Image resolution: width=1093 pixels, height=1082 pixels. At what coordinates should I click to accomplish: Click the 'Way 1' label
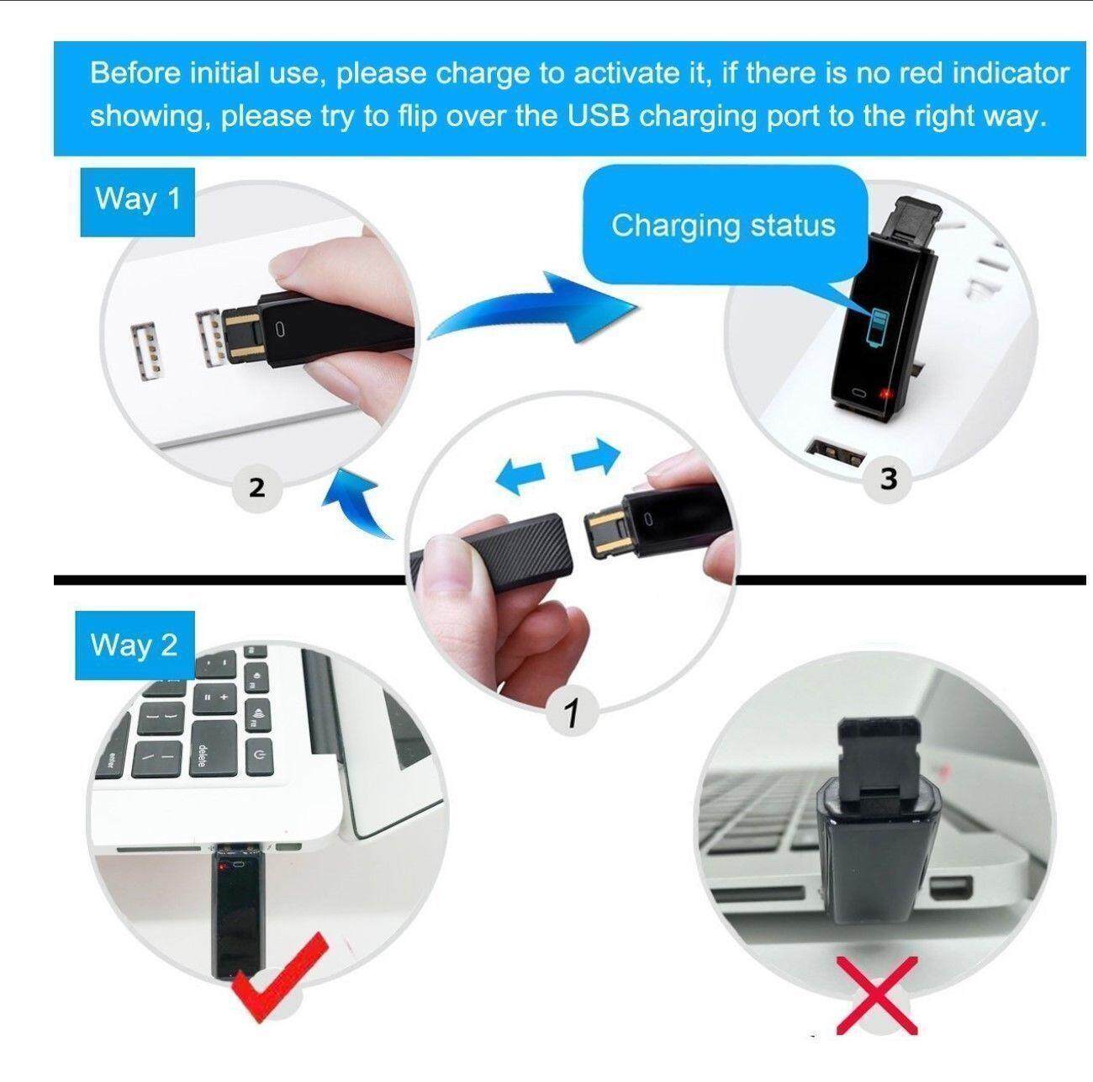pyautogui.click(x=138, y=201)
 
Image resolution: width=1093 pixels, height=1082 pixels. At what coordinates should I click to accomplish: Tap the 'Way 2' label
pyautogui.click(x=135, y=645)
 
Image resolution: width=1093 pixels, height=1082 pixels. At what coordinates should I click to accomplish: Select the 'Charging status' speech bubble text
pyautogui.click(x=723, y=225)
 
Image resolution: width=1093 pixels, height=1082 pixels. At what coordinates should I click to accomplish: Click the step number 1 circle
pyautogui.click(x=572, y=711)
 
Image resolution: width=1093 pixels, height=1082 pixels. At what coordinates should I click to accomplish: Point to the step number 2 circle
pyautogui.click(x=257, y=486)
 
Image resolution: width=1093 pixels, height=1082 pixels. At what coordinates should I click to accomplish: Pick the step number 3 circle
pyautogui.click(x=889, y=478)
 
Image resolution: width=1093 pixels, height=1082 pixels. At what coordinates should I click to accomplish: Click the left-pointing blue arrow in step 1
pyautogui.click(x=520, y=475)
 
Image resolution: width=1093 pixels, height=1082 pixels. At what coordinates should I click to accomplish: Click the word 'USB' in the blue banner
pyautogui.click(x=599, y=116)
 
